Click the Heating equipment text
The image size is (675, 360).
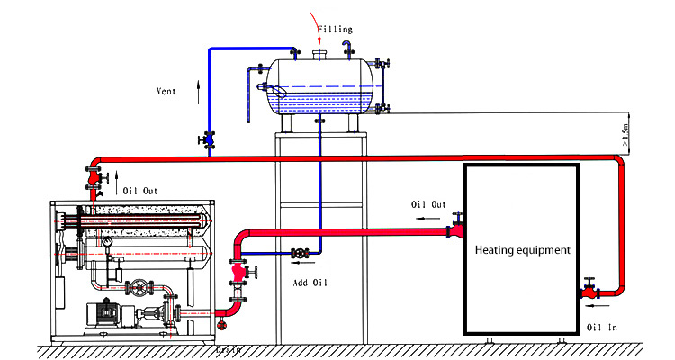(522, 250)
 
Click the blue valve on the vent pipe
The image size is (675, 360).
(209, 139)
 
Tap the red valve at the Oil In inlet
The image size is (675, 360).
(589, 291)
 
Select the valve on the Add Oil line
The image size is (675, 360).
(300, 254)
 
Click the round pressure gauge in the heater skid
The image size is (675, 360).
(107, 242)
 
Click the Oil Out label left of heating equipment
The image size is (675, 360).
(428, 204)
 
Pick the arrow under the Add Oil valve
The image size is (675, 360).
(296, 265)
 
